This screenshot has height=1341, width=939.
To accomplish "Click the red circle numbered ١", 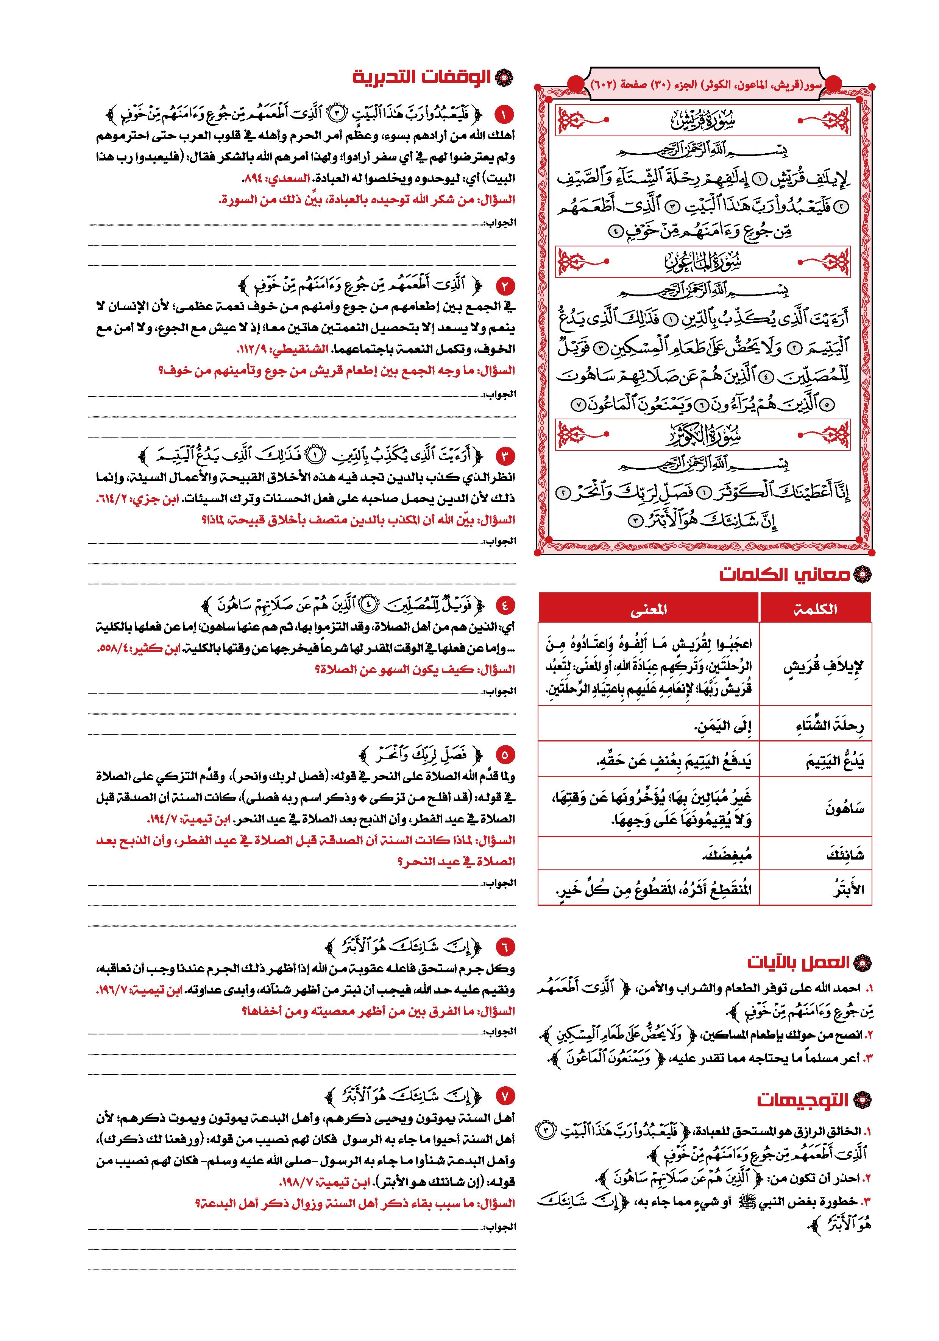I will click(x=503, y=113).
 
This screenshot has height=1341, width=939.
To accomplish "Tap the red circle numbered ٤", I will click(x=503, y=603).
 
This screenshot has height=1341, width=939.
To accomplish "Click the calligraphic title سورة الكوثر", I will click(x=702, y=435).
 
